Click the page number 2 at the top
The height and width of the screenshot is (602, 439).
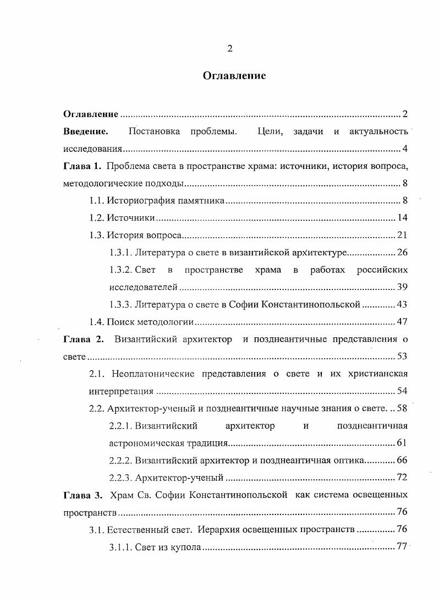pos(230,48)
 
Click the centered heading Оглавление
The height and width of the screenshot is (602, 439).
pos(234,76)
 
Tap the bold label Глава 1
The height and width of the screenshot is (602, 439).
pos(83,166)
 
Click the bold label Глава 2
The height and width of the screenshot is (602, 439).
pos(83,340)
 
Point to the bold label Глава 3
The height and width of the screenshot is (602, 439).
pos(83,494)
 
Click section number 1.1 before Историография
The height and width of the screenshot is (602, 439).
pos(96,201)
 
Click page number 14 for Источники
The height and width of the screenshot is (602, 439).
pos(402,218)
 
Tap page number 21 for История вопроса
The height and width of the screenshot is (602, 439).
pos(402,236)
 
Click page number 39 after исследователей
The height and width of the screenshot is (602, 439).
pos(402,287)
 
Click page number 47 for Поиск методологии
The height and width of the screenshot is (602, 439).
pos(402,322)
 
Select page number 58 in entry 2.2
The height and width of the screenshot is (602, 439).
pos(402,408)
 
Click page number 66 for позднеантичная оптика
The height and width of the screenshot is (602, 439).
pos(402,460)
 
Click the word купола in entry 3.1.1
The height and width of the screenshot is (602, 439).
pos(186,546)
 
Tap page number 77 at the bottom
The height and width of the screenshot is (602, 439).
pos(402,546)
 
